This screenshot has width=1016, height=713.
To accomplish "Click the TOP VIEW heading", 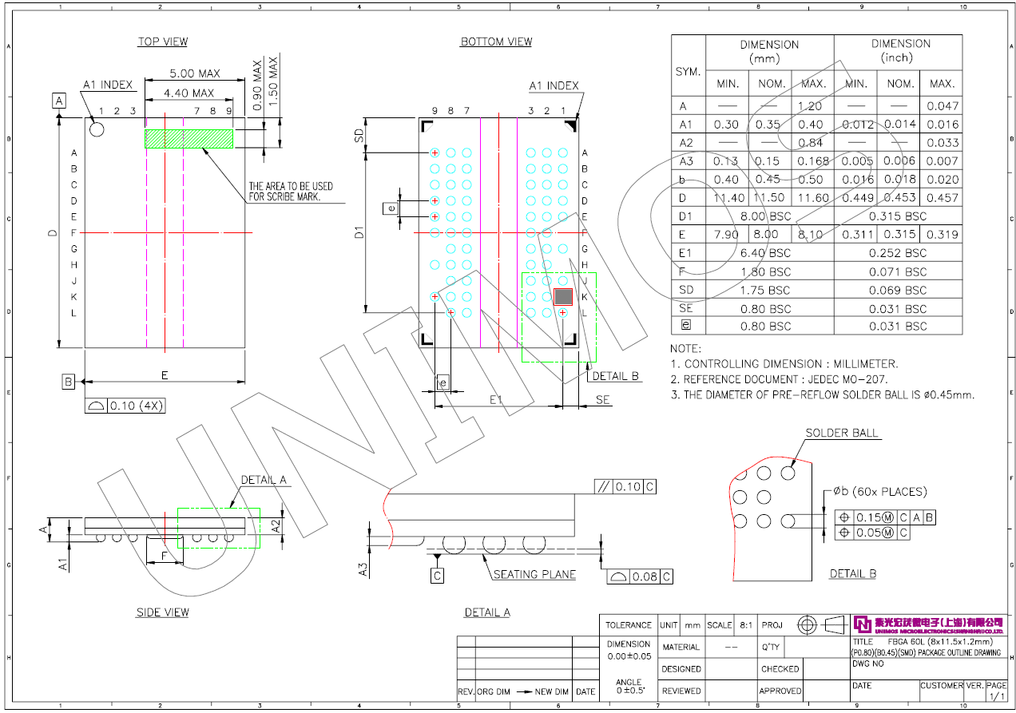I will (x=162, y=42).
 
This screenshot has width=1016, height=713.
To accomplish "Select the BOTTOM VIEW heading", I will (x=496, y=42).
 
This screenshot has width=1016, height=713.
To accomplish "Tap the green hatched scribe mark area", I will (x=189, y=139).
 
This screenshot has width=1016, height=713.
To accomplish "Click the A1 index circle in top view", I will (x=97, y=129).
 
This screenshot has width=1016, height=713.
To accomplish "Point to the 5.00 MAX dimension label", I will (x=194, y=73).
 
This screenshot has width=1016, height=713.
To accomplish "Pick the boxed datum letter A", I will (x=59, y=101).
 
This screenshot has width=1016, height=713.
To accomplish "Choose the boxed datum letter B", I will (x=69, y=382).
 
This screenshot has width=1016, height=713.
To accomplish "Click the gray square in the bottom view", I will (x=563, y=296).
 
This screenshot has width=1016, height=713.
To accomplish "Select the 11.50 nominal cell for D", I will (x=769, y=198).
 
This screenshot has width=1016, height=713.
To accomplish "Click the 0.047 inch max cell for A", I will (x=943, y=105).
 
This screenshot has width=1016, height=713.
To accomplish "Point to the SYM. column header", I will (x=689, y=71).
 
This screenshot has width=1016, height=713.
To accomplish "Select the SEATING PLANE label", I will (x=534, y=574).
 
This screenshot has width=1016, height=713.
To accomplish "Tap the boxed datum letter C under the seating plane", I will (x=438, y=576).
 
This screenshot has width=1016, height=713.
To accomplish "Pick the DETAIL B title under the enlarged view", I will (x=852, y=573).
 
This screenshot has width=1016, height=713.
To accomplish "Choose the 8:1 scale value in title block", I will (x=745, y=625).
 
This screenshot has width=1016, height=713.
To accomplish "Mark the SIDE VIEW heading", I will (x=162, y=612).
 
